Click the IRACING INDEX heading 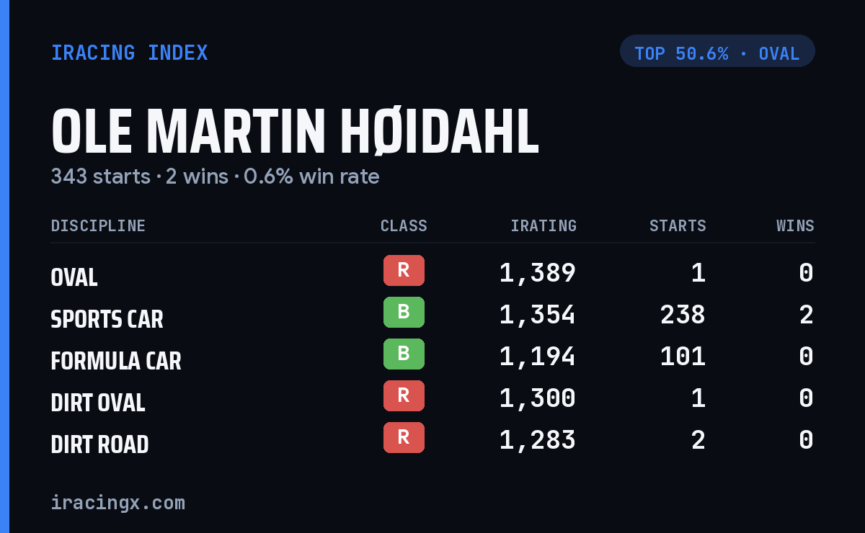(129, 53)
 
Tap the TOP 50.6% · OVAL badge (717, 51)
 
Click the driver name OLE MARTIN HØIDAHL (295, 131)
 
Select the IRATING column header (544, 225)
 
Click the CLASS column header (404, 225)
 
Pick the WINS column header (796, 225)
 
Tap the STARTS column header (678, 225)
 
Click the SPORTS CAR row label (107, 319)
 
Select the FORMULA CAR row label (116, 361)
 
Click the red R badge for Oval (404, 270)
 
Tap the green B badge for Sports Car (404, 312)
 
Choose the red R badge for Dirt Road (404, 437)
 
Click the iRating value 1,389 (538, 273)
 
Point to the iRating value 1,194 (538, 357)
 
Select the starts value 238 (683, 315)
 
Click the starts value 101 (683, 357)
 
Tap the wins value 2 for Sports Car (807, 315)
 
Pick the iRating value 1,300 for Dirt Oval (538, 398)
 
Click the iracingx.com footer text (118, 503)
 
